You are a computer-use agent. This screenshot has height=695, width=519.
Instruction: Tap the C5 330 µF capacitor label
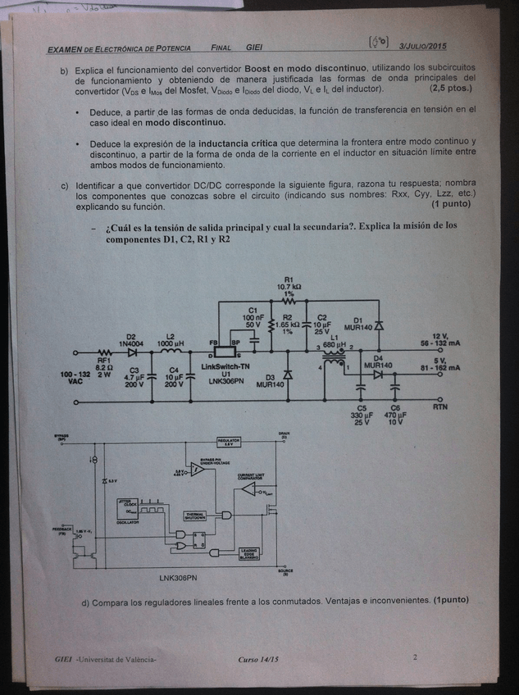(362, 417)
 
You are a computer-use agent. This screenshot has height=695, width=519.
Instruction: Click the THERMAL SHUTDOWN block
(197, 516)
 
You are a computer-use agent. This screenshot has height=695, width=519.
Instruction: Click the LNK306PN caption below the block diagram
(179, 577)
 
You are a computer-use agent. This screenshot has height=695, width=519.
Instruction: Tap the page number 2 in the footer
(416, 656)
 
